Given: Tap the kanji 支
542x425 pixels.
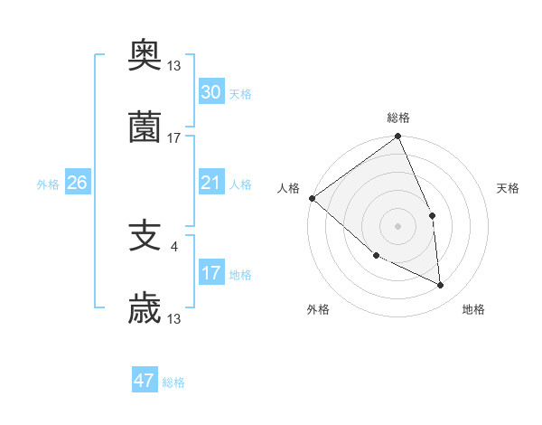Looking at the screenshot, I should point(145,237).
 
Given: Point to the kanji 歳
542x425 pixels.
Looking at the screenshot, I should point(145,309).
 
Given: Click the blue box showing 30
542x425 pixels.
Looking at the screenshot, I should point(210,92).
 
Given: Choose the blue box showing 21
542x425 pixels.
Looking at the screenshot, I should point(210,183).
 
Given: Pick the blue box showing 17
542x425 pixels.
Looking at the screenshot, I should point(210,273).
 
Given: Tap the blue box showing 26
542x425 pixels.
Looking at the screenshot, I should point(77,183).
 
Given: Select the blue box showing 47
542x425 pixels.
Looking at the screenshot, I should point(145,381).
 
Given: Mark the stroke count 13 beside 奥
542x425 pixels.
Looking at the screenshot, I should point(174,65).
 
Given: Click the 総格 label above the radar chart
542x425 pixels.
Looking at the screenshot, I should point(398,118).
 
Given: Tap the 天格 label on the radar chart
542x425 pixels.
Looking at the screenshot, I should point(509,188).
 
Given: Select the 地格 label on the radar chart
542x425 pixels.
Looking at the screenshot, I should point(473,309).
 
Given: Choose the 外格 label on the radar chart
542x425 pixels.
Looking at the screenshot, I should point(318,309).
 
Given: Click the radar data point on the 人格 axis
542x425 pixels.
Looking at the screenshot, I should point(312,198).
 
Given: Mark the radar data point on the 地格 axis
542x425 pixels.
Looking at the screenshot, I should point(441,285).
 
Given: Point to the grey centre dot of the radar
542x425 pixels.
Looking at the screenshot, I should point(397,225).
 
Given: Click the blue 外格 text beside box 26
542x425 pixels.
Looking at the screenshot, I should point(48,184).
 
